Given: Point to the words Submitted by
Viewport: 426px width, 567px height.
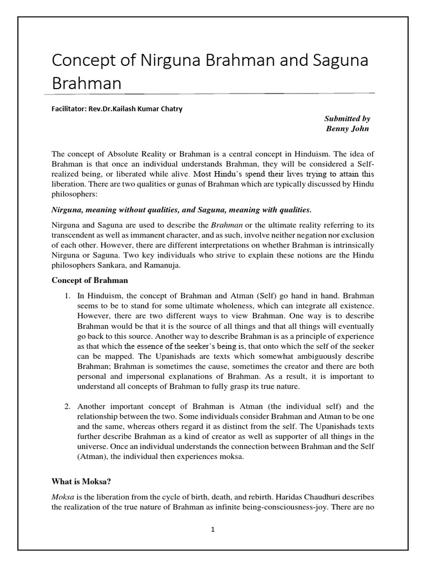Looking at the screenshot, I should coord(347,118).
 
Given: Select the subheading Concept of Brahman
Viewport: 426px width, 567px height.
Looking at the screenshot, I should coord(89,280).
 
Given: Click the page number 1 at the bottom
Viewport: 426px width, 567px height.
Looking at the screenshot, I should coord(212,529).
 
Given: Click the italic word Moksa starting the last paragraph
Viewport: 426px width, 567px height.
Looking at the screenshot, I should coord(63,496).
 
